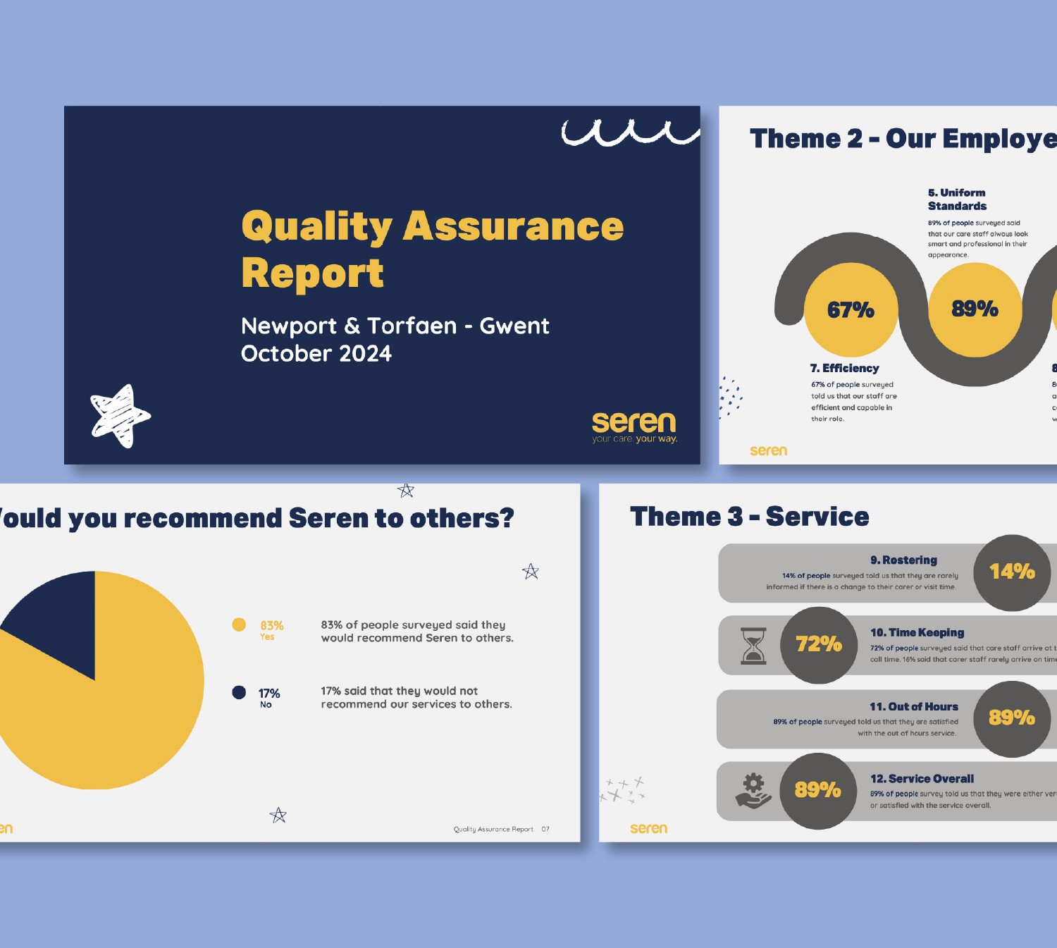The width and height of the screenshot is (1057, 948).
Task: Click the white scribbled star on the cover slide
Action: pyautogui.click(x=120, y=416)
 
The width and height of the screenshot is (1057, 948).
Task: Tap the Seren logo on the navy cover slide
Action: pyautogui.click(x=633, y=426)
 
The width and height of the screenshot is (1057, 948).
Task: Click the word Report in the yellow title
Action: pyautogui.click(x=312, y=273)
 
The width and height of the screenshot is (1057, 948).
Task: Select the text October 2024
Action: pyautogui.click(x=316, y=354)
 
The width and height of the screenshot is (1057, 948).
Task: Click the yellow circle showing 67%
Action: pyautogui.click(x=851, y=310)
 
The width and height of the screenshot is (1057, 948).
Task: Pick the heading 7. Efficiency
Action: pyautogui.click(x=844, y=368)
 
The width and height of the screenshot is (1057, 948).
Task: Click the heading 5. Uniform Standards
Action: pyautogui.click(x=957, y=199)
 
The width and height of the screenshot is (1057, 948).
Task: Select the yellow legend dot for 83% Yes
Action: pyautogui.click(x=239, y=624)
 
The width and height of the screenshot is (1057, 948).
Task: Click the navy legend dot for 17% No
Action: pyautogui.click(x=239, y=692)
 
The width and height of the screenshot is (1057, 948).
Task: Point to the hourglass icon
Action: pyautogui.click(x=753, y=646)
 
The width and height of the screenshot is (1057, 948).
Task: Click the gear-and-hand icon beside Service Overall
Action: pyautogui.click(x=753, y=790)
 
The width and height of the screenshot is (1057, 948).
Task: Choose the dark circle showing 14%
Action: pyautogui.click(x=1012, y=572)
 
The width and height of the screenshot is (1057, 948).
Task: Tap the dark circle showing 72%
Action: pyautogui.click(x=818, y=645)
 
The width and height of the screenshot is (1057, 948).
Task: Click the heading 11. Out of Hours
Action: pyautogui.click(x=913, y=706)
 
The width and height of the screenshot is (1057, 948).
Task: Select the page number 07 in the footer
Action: pyautogui.click(x=545, y=829)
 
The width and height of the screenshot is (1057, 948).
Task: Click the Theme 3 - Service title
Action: pyautogui.click(x=749, y=517)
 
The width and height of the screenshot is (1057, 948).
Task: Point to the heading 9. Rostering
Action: pyautogui.click(x=903, y=560)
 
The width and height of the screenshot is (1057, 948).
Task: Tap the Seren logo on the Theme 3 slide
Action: pyautogui.click(x=648, y=829)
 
